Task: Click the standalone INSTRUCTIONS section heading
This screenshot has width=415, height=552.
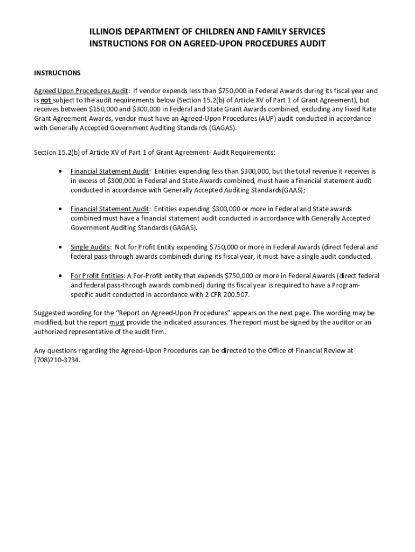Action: (57, 73)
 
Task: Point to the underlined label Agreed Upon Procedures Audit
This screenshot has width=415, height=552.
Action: (81, 91)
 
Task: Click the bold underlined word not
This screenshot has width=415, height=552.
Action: (46, 100)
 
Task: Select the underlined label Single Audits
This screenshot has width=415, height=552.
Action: (90, 247)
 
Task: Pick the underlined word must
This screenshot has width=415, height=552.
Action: (117, 322)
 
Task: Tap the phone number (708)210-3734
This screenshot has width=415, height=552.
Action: (57, 360)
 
